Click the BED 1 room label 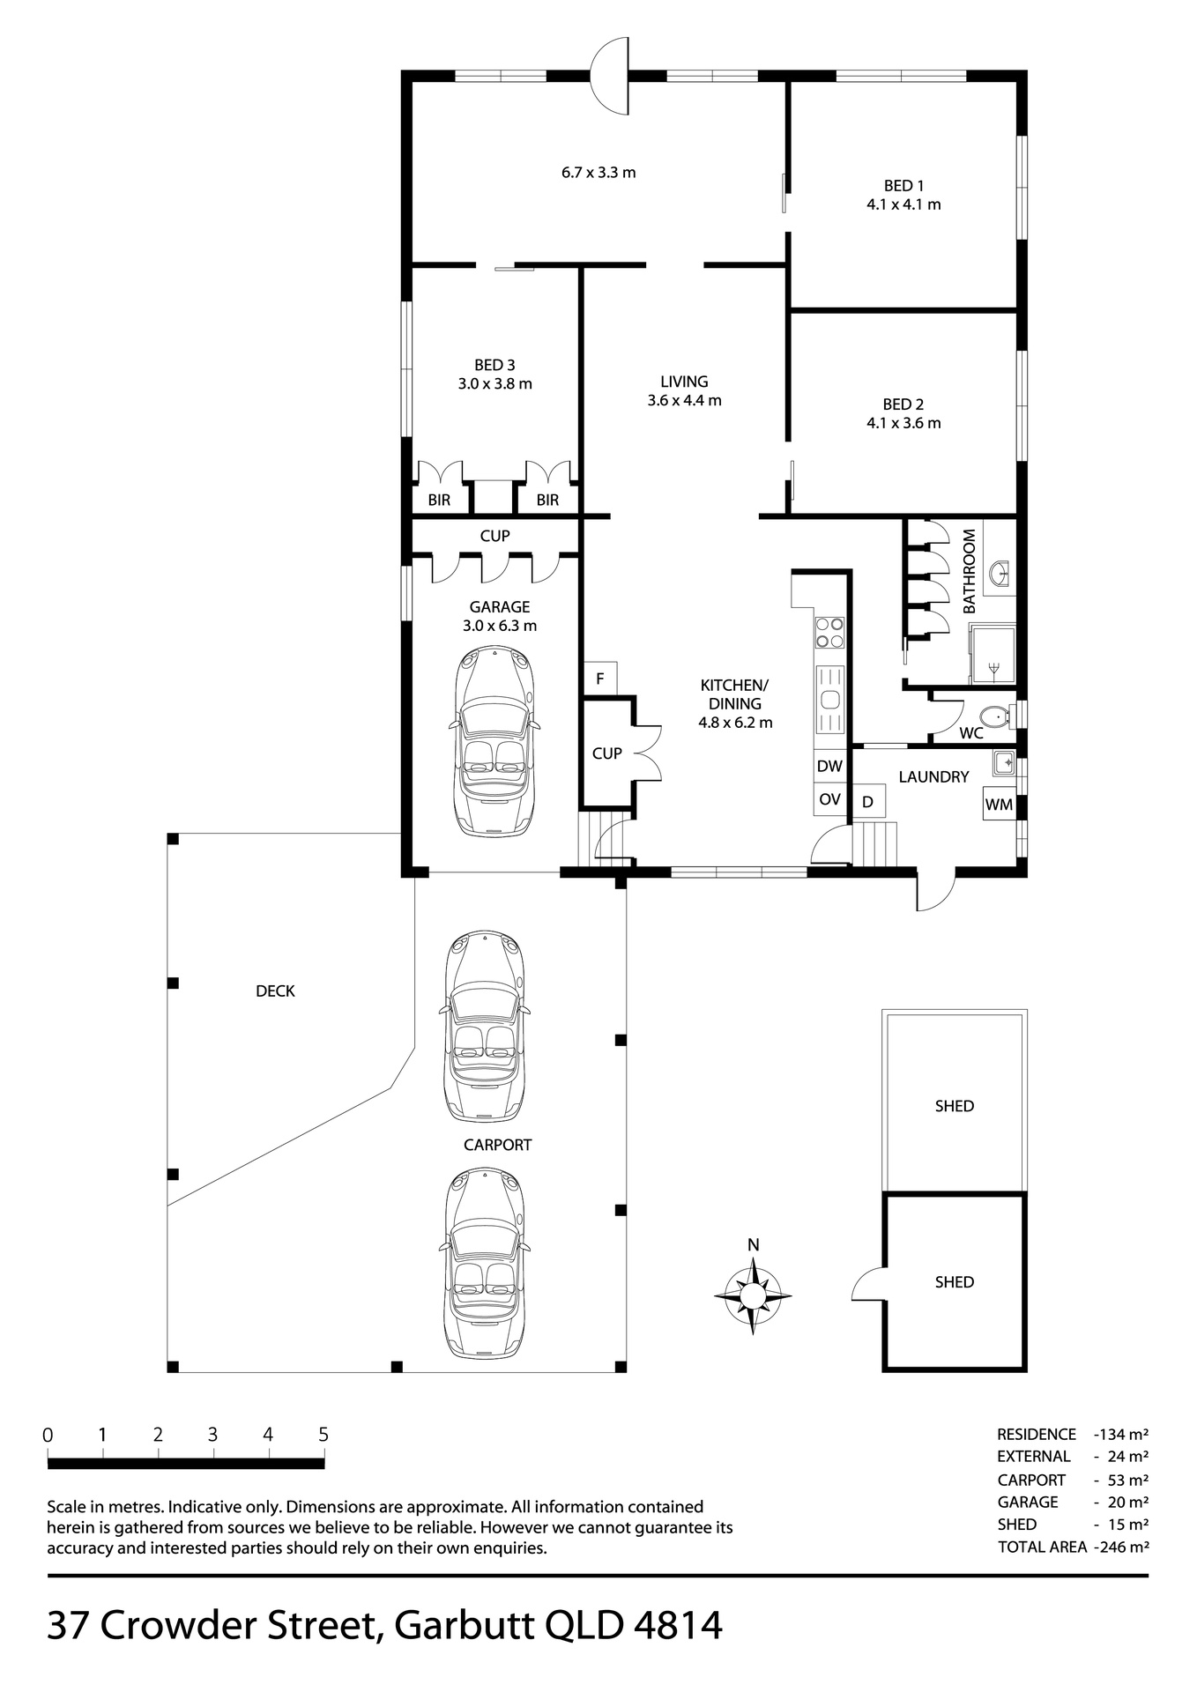903,186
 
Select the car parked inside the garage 494,740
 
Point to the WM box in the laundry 999,804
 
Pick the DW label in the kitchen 829,766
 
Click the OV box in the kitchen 829,799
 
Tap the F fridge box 599,679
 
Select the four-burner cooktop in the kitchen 829,631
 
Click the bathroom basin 1000,574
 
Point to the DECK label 275,991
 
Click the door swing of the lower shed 867,1285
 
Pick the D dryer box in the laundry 868,802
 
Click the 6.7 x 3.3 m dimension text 598,173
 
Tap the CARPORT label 498,1145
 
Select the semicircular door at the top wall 609,75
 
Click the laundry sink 1003,761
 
